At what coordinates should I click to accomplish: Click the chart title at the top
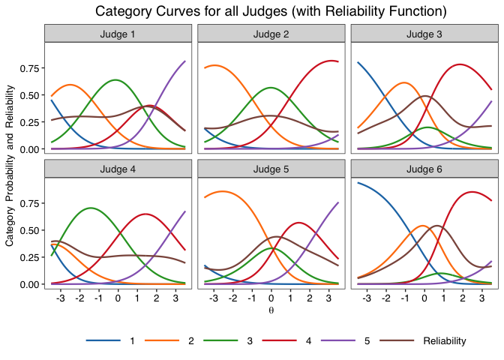point(271,11)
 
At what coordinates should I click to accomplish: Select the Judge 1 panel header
point(117,34)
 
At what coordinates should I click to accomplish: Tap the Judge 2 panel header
point(270,34)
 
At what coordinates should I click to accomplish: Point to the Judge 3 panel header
point(424,34)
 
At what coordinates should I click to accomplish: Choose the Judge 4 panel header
point(117,169)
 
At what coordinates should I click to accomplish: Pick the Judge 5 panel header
point(270,169)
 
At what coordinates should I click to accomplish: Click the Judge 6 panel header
point(424,169)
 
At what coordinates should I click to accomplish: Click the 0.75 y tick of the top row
point(28,68)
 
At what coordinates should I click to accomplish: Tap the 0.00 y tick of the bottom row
point(28,284)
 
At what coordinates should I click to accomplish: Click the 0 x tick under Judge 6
point(424,298)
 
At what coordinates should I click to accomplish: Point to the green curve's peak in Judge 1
point(115,79)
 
